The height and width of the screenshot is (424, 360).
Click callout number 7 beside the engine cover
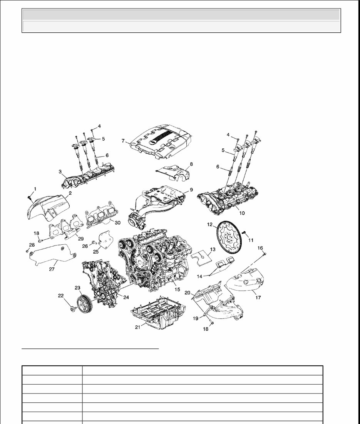click(x=123, y=141)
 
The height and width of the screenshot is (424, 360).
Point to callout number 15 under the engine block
click(x=177, y=289)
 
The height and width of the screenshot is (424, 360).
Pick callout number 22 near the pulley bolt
click(x=60, y=296)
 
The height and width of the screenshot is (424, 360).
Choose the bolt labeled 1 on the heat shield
click(x=30, y=197)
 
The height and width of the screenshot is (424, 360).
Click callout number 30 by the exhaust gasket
click(x=118, y=222)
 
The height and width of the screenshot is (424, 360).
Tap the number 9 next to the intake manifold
click(x=191, y=190)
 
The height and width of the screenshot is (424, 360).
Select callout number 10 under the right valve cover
click(x=242, y=212)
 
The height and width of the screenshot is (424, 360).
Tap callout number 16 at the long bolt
click(x=260, y=247)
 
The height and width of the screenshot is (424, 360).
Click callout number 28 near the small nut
click(x=32, y=245)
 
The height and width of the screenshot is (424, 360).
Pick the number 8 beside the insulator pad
click(x=191, y=164)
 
